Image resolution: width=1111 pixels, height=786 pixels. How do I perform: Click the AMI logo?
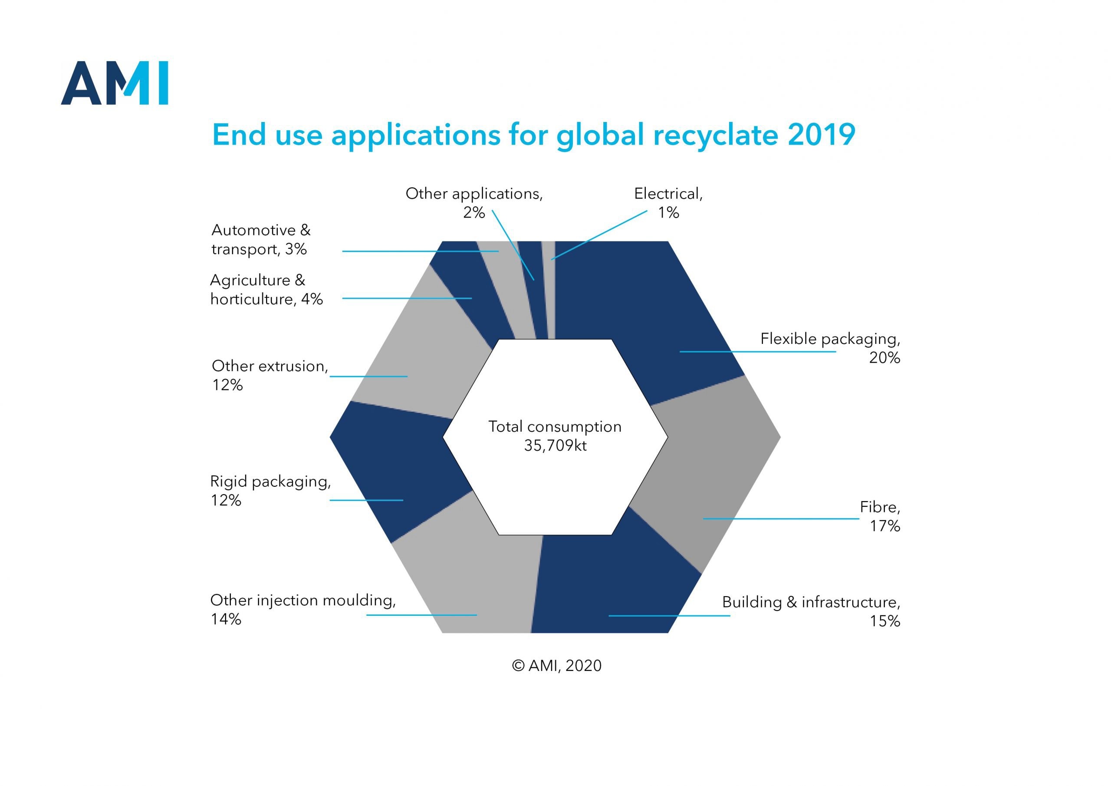pyautogui.click(x=114, y=83)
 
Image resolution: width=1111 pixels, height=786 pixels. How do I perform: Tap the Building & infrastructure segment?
pyautogui.click(x=615, y=581)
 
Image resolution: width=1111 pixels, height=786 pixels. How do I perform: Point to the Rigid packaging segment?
pyautogui.click(x=397, y=465)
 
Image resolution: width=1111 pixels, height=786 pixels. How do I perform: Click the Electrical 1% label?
pyautogui.click(x=668, y=202)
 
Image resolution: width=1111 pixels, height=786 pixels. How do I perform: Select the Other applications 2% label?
pyautogui.click(x=474, y=202)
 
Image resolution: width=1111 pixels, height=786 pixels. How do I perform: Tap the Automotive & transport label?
pyautogui.click(x=261, y=239)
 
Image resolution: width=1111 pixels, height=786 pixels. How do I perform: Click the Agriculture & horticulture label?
pyautogui.click(x=266, y=289)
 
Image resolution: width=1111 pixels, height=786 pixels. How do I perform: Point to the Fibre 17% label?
pyautogui.click(x=880, y=516)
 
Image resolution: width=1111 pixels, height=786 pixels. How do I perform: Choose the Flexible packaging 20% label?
pyautogui.click(x=830, y=348)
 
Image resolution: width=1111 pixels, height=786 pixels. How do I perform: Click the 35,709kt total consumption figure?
pyautogui.click(x=555, y=445)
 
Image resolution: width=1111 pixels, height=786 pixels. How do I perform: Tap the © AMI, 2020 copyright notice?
pyautogui.click(x=556, y=665)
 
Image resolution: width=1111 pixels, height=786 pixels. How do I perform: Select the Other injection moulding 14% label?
pyautogui.click(x=303, y=609)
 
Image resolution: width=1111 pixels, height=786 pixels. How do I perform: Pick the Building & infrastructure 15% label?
pyautogui.click(x=812, y=611)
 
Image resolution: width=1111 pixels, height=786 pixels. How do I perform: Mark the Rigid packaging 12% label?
pyautogui.click(x=270, y=490)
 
